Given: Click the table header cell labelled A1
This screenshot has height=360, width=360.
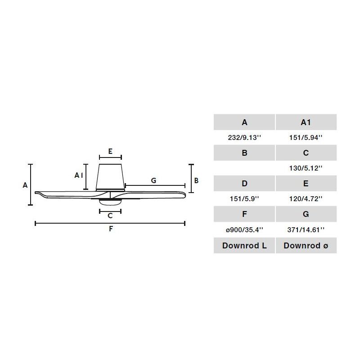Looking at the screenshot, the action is coord(306,122).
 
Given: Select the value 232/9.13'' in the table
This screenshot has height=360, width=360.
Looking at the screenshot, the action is coord(244,138).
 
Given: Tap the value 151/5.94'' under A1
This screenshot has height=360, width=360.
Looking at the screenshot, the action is coord(306,138).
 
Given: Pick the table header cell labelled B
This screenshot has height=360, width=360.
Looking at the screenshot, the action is coord(244,153).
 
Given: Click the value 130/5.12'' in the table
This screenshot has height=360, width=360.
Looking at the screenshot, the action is coord(306,168).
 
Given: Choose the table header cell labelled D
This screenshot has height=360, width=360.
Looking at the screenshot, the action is coord(244,184).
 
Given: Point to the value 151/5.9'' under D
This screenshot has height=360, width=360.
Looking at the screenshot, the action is coord(244,199).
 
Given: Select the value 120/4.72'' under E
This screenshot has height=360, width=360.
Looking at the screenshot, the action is coord(306,199).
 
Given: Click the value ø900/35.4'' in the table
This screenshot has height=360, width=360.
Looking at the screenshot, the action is coord(244,229).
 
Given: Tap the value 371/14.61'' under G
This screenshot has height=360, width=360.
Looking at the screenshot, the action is coord(306,229).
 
